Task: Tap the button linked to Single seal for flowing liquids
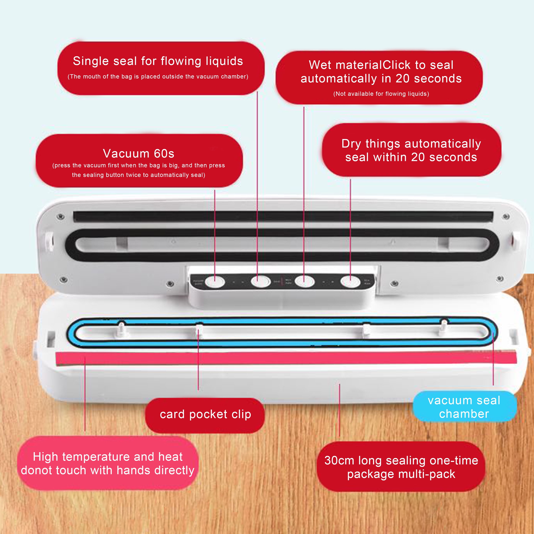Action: click(x=260, y=282)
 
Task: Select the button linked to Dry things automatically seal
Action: click(x=350, y=282)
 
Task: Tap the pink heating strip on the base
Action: click(x=276, y=358)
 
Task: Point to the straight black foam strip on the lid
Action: click(x=276, y=216)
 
